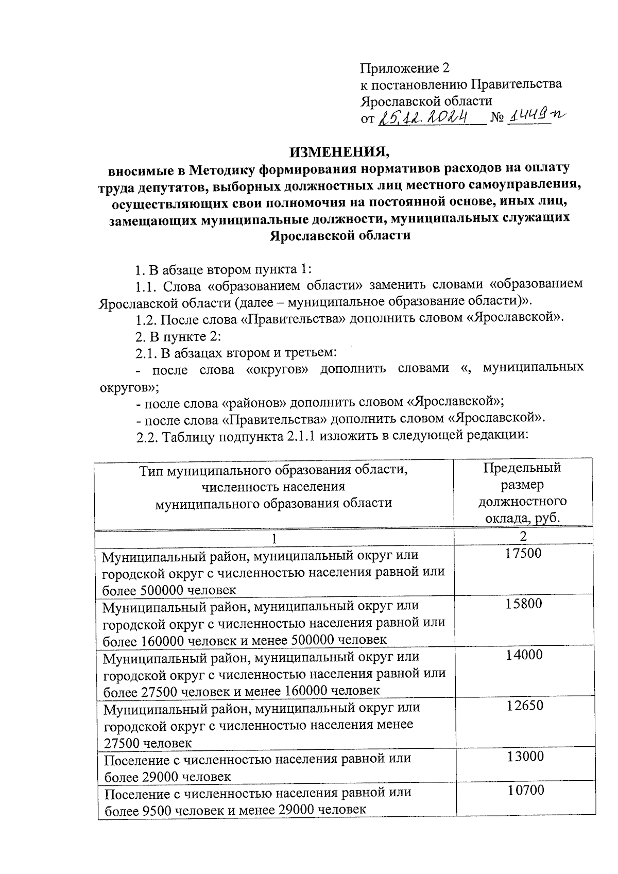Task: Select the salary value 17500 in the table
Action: (x=523, y=554)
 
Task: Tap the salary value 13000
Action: (x=524, y=756)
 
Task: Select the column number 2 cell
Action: (x=523, y=536)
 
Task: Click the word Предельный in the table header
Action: (x=522, y=468)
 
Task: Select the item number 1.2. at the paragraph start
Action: (x=146, y=319)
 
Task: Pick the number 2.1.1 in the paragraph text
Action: (x=301, y=437)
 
